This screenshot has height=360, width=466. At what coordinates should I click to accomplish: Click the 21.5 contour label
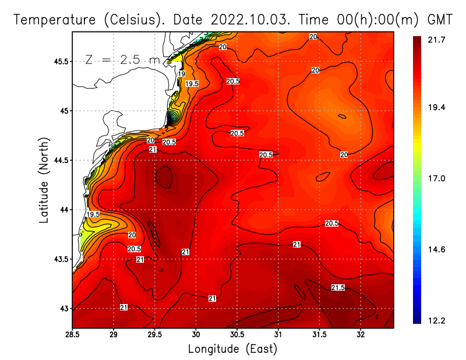338,288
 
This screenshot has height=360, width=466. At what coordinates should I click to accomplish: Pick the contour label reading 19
182,74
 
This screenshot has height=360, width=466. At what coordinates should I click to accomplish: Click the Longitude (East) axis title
232,349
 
